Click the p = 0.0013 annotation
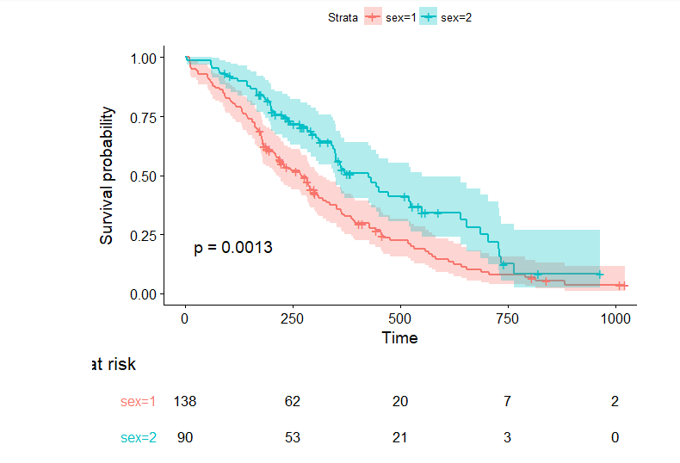point(232,248)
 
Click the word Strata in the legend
point(343,16)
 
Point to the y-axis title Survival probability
point(107,176)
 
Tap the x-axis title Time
point(399,338)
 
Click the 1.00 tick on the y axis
point(145,58)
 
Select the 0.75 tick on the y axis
point(145,117)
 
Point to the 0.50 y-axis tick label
point(145,176)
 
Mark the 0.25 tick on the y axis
point(145,235)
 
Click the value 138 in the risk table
point(185,401)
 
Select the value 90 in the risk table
point(185,437)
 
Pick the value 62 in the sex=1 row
point(292,401)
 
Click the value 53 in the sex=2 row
point(292,437)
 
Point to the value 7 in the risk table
point(507,401)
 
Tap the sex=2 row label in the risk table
point(139,437)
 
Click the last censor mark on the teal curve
point(599,275)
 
